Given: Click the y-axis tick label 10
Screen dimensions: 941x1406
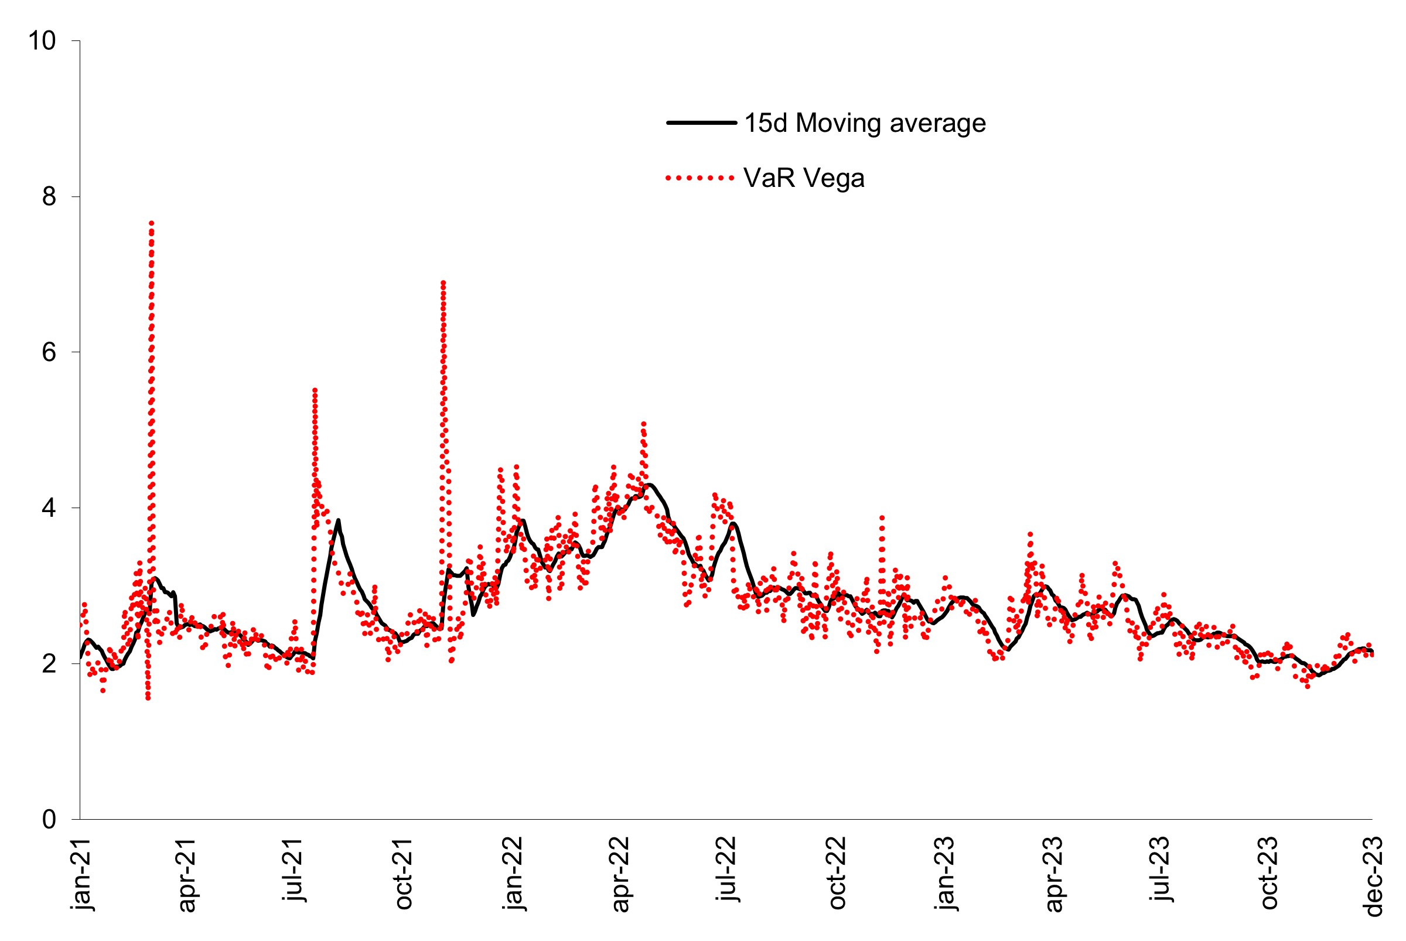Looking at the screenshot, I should click(x=42, y=41).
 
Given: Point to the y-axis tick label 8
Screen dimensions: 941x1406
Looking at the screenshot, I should click(x=49, y=196).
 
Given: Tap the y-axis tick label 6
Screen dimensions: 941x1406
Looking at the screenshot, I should click(x=49, y=352).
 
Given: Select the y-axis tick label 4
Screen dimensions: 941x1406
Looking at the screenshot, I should click(x=49, y=508).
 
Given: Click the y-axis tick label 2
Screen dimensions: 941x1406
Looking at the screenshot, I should click(x=49, y=663).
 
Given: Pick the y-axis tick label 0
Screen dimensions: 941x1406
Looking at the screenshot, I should click(x=49, y=819).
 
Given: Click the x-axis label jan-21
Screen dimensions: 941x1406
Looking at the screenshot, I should click(x=81, y=873).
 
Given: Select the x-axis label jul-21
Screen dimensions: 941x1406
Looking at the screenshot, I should click(x=295, y=870).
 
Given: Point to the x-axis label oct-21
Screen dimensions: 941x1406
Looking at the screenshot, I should click(x=404, y=873).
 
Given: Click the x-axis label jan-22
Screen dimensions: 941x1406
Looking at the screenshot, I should click(x=514, y=873).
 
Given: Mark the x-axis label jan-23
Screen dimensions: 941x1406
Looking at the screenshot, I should click(x=946, y=873).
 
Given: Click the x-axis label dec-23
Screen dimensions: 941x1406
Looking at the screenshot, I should click(x=1374, y=875).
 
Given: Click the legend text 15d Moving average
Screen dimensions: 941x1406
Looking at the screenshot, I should click(x=865, y=123).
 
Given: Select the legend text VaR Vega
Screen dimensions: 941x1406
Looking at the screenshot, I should click(x=804, y=178).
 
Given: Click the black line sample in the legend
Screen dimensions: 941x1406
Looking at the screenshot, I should click(x=701, y=123).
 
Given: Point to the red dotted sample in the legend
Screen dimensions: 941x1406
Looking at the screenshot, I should click(x=699, y=178).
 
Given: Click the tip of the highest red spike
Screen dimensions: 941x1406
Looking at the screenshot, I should click(x=152, y=223).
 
